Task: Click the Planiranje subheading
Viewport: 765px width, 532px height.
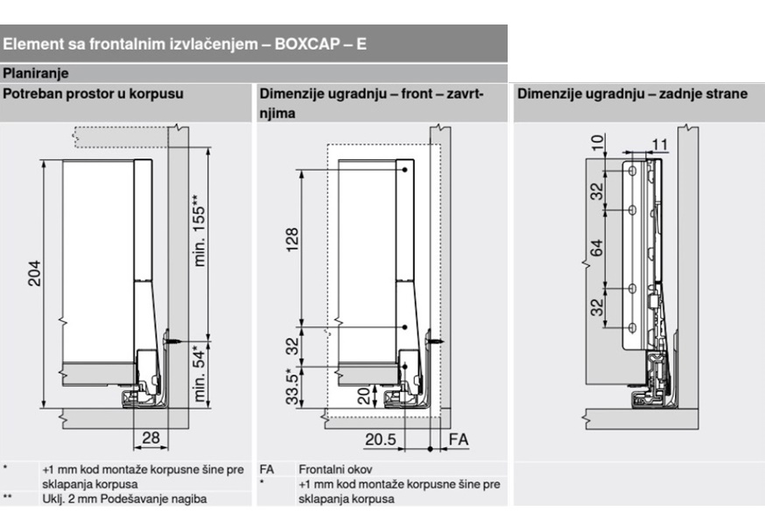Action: (35, 73)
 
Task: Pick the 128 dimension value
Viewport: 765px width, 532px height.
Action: (292, 238)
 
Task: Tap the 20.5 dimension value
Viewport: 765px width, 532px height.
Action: (381, 439)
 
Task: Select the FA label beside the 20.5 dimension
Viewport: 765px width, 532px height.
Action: (457, 439)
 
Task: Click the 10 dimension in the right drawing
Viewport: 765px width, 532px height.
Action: (597, 143)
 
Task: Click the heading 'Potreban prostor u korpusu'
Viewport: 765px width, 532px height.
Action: (93, 94)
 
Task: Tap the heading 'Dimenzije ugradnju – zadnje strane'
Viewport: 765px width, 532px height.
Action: (631, 94)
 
